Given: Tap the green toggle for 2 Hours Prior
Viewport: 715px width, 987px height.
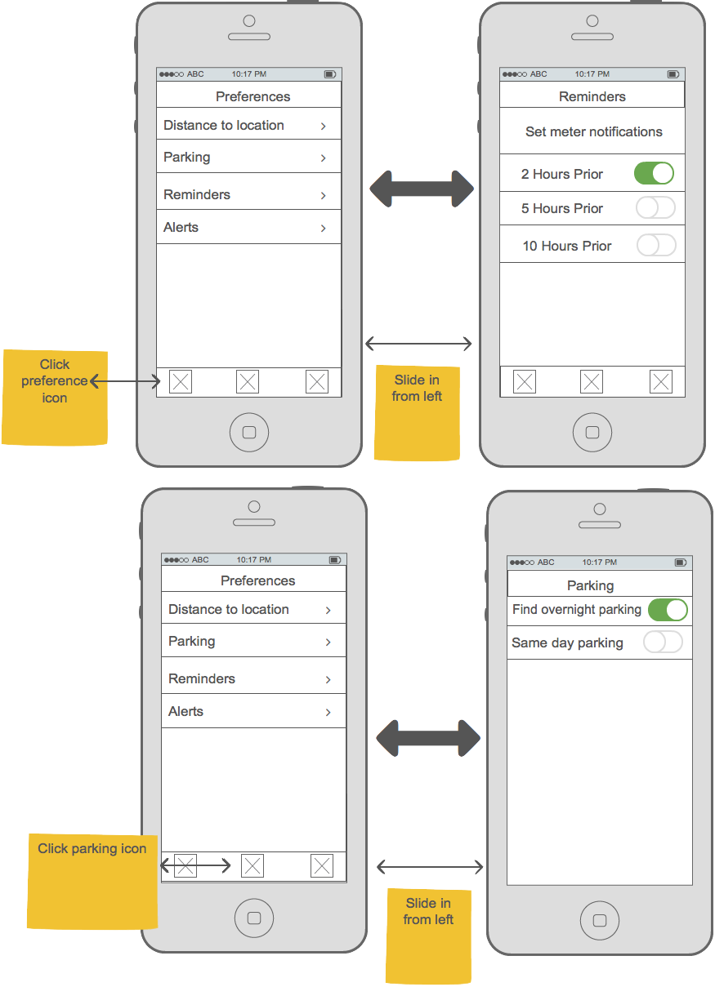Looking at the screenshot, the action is click(x=653, y=173).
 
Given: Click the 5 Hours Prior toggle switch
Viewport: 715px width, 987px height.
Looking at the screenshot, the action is click(x=655, y=207).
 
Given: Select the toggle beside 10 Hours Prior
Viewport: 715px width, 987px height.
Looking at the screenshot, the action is click(x=656, y=245).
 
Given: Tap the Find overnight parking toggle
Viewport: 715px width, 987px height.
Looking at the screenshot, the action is click(x=668, y=610).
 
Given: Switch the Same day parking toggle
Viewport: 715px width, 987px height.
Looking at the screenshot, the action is click(x=663, y=642).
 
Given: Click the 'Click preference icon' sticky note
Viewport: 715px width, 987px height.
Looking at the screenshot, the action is click(x=55, y=398).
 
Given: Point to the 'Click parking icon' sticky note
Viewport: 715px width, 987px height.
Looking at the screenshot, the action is click(x=92, y=882).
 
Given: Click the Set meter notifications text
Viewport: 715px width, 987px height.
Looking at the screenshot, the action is click(x=594, y=131).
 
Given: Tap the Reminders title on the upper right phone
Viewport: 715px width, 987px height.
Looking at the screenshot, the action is click(x=592, y=96).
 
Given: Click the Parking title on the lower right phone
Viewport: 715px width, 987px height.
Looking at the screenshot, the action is click(x=590, y=585).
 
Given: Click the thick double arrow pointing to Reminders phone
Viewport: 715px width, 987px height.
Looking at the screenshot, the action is click(x=422, y=189).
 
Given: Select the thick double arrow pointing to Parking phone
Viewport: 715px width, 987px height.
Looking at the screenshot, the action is click(x=428, y=738).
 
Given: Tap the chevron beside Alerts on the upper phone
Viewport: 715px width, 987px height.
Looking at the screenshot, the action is click(x=324, y=229).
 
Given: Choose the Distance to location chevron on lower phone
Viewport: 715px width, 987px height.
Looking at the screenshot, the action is click(x=328, y=611).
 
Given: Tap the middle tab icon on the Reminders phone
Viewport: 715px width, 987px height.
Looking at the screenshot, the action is click(x=591, y=381).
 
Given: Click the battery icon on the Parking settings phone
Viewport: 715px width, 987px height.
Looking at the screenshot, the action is click(x=681, y=562).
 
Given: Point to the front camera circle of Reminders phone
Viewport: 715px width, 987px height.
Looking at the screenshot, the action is click(x=592, y=20).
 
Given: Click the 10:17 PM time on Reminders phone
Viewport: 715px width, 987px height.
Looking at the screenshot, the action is click(x=592, y=74).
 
